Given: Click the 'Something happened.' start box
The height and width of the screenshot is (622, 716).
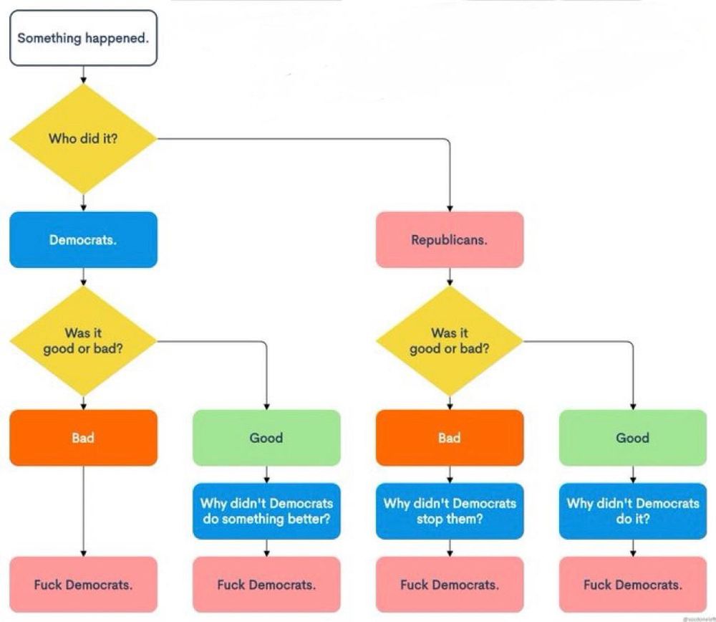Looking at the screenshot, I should point(83,38).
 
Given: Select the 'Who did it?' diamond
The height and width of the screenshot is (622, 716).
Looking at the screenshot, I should point(83,138).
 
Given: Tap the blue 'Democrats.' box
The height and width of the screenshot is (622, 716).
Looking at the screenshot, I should point(83,239).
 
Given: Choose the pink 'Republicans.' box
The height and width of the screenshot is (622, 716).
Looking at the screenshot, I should point(450,239).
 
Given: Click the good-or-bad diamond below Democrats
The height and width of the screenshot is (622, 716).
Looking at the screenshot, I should point(83,340).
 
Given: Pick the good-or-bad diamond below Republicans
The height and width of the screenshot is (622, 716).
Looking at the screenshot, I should point(450,340).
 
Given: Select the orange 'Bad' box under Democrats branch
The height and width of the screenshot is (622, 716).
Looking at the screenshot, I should point(83,438).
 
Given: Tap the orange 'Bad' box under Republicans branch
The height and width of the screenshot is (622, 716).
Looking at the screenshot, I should point(450,438).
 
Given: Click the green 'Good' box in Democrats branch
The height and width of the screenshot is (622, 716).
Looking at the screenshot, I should point(266,438).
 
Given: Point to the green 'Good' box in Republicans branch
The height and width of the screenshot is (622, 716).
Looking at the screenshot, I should point(633,438).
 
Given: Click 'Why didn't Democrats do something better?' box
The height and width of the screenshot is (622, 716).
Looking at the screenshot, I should point(266,511).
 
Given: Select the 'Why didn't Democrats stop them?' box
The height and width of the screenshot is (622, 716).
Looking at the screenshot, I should point(450,511).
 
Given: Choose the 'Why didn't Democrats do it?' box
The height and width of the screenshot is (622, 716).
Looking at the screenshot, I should point(633,511).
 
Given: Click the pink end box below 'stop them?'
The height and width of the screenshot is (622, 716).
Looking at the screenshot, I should point(450,585).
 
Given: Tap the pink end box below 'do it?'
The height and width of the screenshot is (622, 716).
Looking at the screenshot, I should point(633,585).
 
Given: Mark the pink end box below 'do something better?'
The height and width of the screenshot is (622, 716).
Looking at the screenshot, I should point(266,585).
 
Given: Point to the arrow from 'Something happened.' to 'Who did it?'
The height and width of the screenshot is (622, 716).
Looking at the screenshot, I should point(84,75).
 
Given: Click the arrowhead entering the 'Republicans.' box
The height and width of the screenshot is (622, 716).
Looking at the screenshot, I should point(450,208).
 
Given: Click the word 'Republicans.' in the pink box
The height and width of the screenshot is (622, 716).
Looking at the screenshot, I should point(450,240).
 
